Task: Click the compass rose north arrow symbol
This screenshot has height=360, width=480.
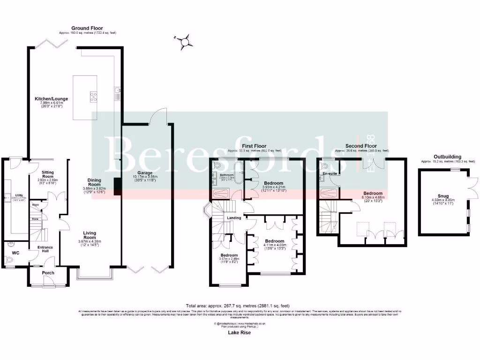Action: (x=186, y=41)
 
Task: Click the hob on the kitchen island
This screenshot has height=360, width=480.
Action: (x=93, y=97)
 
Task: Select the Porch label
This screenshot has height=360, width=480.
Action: (x=48, y=273)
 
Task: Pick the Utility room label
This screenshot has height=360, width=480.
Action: (x=19, y=195)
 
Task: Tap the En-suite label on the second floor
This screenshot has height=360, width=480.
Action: (x=330, y=173)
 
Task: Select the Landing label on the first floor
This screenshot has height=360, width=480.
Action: (x=234, y=217)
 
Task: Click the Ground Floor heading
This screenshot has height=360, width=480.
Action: (x=87, y=28)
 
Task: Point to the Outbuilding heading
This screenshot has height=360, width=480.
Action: (x=447, y=157)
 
